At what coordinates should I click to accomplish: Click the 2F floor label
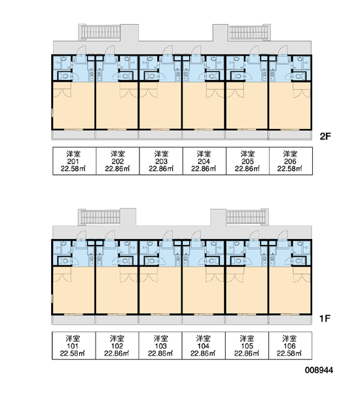point(325,136)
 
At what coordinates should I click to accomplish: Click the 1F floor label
point(325,318)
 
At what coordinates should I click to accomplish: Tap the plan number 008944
point(319,370)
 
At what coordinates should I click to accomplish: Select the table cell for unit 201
point(75,161)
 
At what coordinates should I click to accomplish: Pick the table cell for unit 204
point(204,161)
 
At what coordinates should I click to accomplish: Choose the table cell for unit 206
point(291,161)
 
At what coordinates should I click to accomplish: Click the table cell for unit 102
point(117,346)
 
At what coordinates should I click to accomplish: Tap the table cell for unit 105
point(247,346)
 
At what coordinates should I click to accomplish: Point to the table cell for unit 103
point(160,346)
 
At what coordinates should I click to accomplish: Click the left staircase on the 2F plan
point(99,32)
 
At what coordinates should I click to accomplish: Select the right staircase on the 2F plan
point(249,32)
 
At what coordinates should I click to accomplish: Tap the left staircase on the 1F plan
point(99,217)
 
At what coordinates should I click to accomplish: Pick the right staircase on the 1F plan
point(247,217)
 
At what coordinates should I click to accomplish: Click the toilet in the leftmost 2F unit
point(65,76)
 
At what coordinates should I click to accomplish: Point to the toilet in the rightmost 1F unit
point(298,261)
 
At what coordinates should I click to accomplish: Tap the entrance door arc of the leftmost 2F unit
point(81,50)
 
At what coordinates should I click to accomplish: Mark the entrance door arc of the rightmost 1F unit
point(283,235)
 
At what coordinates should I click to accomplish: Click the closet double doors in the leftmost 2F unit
point(62,92)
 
